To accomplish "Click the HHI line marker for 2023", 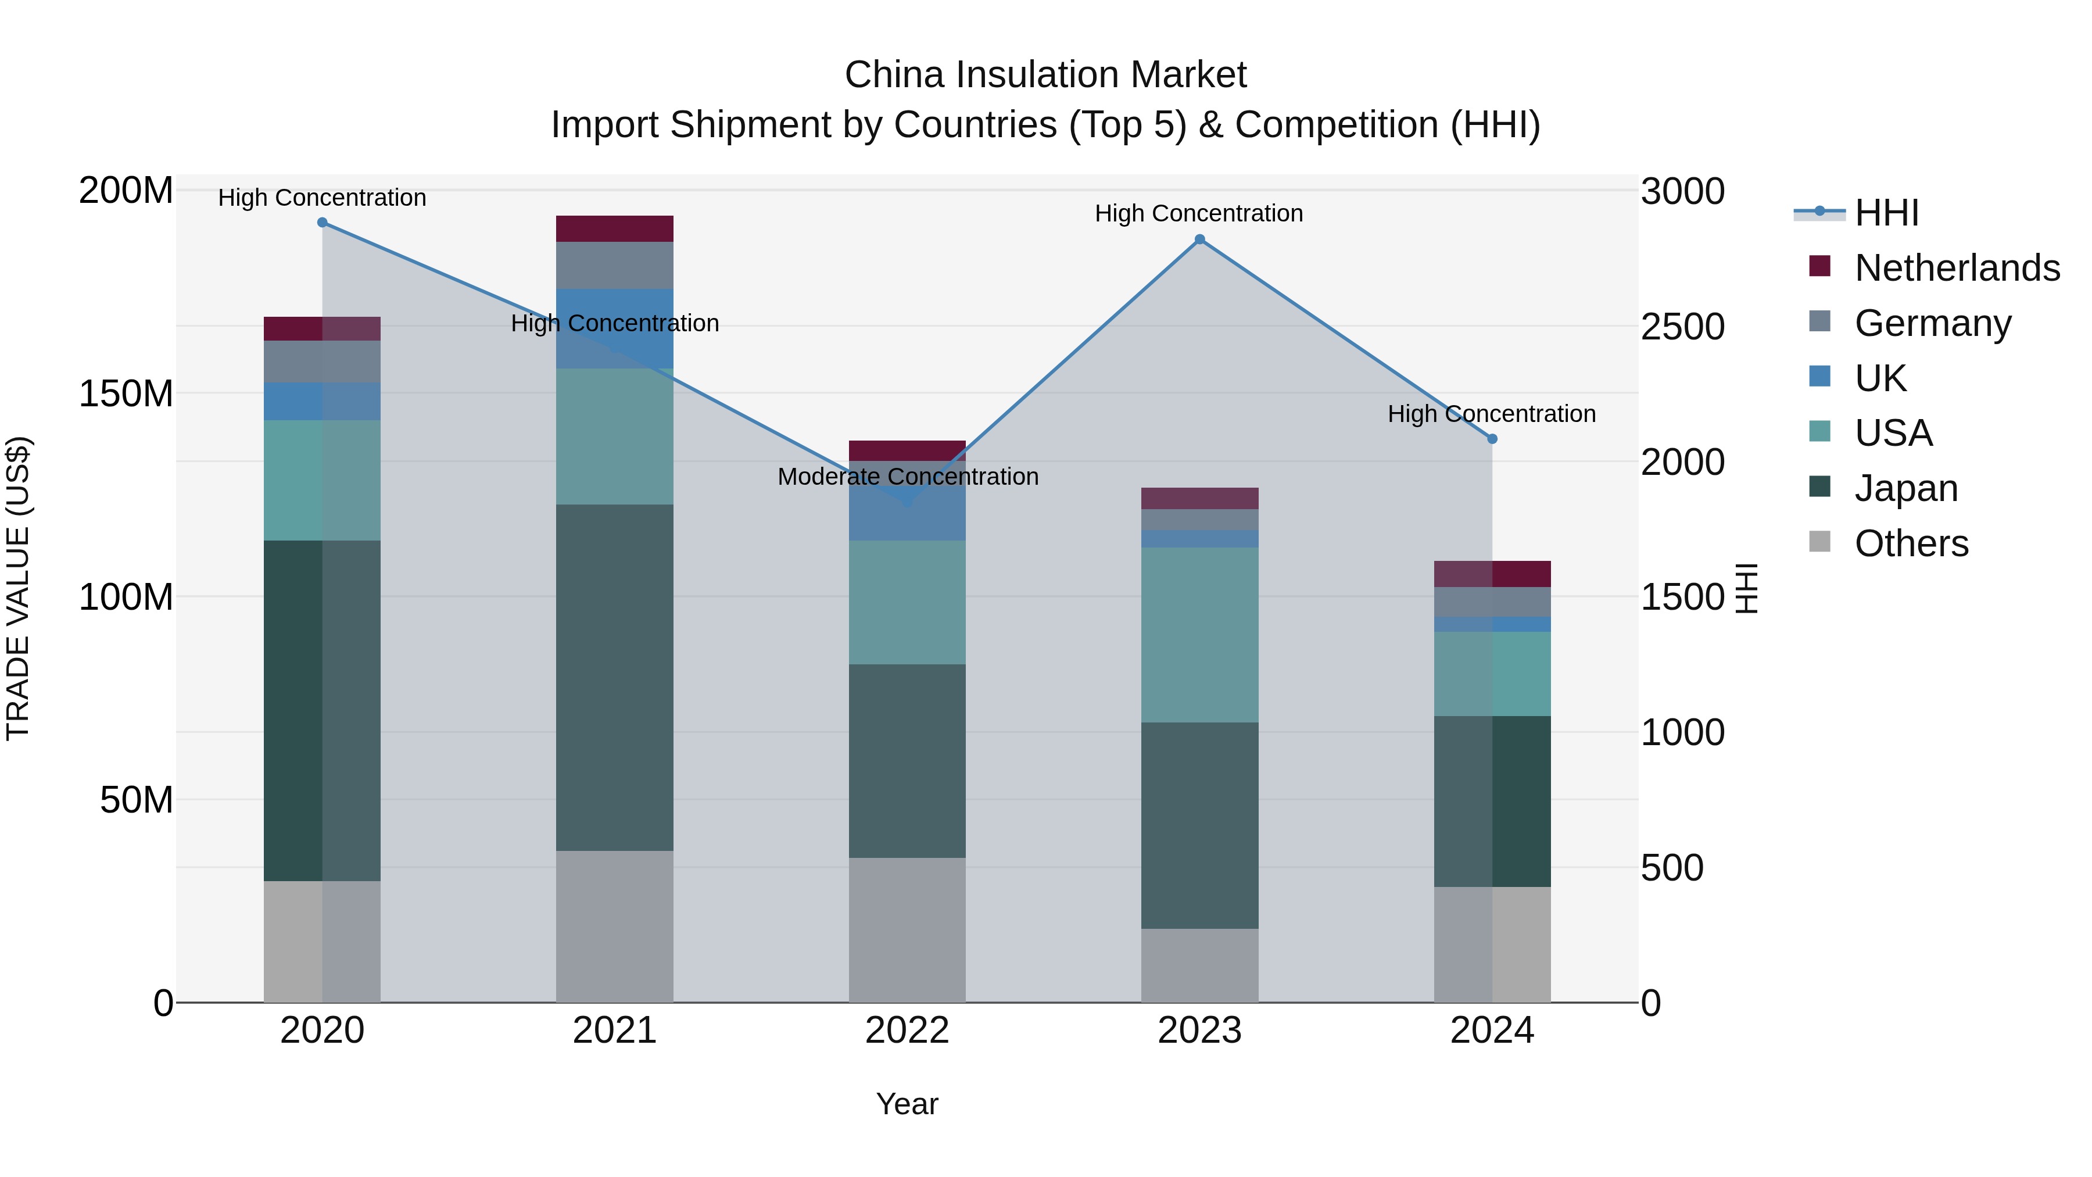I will click(1199, 239).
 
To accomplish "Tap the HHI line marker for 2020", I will click(323, 223).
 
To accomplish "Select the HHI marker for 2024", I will click(1492, 439).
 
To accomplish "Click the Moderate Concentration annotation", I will click(907, 477).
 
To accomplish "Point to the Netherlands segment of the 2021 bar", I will click(615, 229).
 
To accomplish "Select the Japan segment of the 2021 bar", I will click(615, 678).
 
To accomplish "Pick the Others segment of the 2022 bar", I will click(907, 929).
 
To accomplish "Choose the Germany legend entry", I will click(1932, 323).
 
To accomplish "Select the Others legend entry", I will click(1910, 543).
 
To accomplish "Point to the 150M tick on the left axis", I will click(126, 394).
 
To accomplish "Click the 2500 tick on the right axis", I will click(1682, 327).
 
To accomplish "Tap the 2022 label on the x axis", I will click(907, 1031).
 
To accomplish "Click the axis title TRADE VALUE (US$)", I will click(19, 588).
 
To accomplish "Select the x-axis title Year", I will click(907, 1104).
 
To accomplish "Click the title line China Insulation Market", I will click(1045, 75).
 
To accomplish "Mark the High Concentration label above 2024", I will click(1491, 414).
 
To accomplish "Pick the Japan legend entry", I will click(1905, 488).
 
